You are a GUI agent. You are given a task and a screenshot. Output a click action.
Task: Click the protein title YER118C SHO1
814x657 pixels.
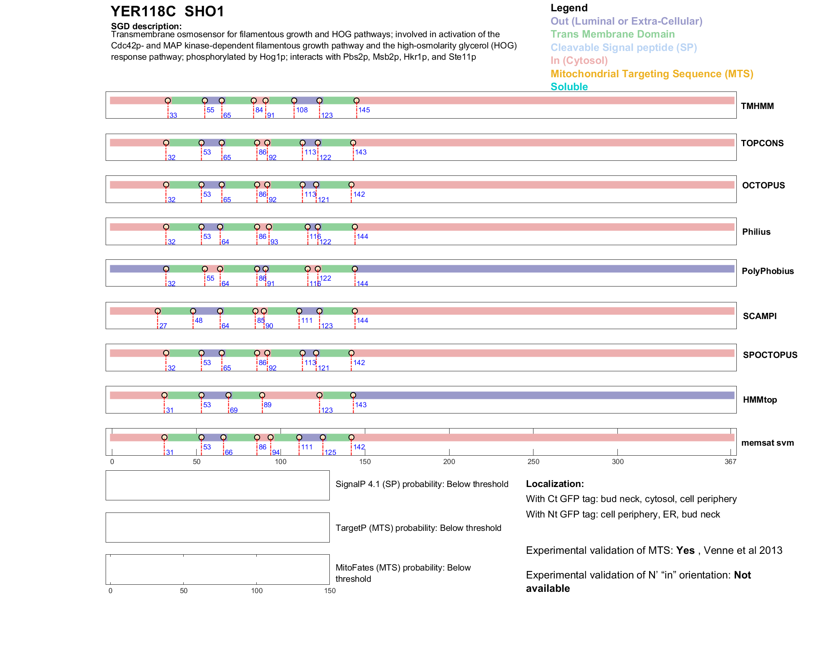(x=167, y=11)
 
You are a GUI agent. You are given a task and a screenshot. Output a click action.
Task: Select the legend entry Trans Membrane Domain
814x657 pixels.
(x=612, y=34)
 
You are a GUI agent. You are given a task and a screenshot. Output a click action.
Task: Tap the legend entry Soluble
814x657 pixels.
(x=569, y=87)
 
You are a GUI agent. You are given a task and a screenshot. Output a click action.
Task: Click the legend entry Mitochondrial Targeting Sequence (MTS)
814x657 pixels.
(x=652, y=74)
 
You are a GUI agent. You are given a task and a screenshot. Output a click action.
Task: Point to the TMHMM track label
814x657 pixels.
(x=757, y=106)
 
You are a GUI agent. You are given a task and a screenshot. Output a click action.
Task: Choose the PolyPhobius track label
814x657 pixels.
(x=767, y=271)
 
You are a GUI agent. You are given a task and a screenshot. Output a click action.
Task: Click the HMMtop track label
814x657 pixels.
(x=760, y=400)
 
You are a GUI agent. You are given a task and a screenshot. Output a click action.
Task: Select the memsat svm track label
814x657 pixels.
(x=767, y=443)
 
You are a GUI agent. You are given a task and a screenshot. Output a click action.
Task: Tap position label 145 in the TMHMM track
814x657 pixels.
(x=364, y=110)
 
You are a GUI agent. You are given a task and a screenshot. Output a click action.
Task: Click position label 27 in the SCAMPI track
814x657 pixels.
(x=163, y=326)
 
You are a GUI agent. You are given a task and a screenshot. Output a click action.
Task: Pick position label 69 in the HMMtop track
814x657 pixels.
(x=234, y=410)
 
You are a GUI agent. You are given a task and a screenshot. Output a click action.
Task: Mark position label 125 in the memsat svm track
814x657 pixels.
(x=330, y=452)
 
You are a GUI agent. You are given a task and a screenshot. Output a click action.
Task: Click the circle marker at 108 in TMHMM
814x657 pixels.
(x=294, y=101)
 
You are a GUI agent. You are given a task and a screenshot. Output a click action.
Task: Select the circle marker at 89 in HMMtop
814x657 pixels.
(x=262, y=395)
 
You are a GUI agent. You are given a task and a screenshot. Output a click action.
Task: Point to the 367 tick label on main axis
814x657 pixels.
(x=731, y=462)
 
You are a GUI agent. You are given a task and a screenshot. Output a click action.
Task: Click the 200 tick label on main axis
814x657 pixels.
(x=449, y=462)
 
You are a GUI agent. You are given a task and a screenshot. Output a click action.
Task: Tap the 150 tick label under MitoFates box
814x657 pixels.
(x=330, y=591)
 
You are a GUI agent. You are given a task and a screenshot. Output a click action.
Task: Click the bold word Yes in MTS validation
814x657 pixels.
(x=685, y=550)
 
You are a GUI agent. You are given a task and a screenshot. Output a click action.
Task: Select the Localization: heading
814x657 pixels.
(x=555, y=484)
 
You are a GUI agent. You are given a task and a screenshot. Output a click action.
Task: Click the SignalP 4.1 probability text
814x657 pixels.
(x=422, y=484)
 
